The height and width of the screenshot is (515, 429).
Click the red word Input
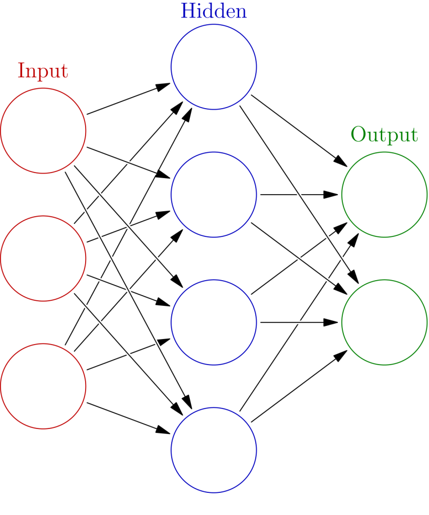43,71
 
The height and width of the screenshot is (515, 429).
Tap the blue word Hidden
213,12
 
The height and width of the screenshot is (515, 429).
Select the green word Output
384,135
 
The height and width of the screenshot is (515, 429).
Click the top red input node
43,131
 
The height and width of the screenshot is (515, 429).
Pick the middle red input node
43,259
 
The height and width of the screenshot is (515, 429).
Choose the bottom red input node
43,386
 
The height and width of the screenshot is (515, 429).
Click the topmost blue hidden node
214,66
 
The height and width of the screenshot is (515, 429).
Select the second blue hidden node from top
214,194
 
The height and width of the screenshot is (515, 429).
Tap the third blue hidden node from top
214,322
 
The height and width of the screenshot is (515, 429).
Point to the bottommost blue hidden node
214,450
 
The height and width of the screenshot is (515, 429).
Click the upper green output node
385,194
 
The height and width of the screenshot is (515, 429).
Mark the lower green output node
385,322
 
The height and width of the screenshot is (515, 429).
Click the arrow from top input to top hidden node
126,100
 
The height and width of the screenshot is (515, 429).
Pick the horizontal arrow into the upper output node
297,194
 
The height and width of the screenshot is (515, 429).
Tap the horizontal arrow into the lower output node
297,322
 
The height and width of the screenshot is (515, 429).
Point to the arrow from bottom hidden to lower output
297,387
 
